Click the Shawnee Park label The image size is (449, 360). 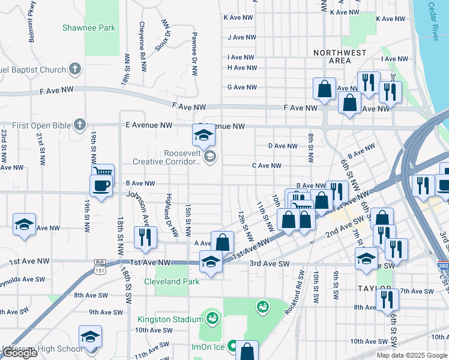click(x=89, y=28)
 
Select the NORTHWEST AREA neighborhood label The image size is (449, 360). click(x=340, y=56)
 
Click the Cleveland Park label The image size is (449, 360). click(x=171, y=281)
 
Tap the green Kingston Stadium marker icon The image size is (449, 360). click(x=211, y=316)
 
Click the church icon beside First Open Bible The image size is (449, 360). click(x=79, y=125)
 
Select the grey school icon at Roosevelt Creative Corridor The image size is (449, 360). click(x=209, y=157)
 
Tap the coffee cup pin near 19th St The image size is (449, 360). click(x=101, y=185)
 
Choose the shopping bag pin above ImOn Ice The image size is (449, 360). click(x=247, y=350)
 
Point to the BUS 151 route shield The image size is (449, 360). click(x=99, y=264)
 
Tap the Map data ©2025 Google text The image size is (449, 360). click(x=411, y=355)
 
